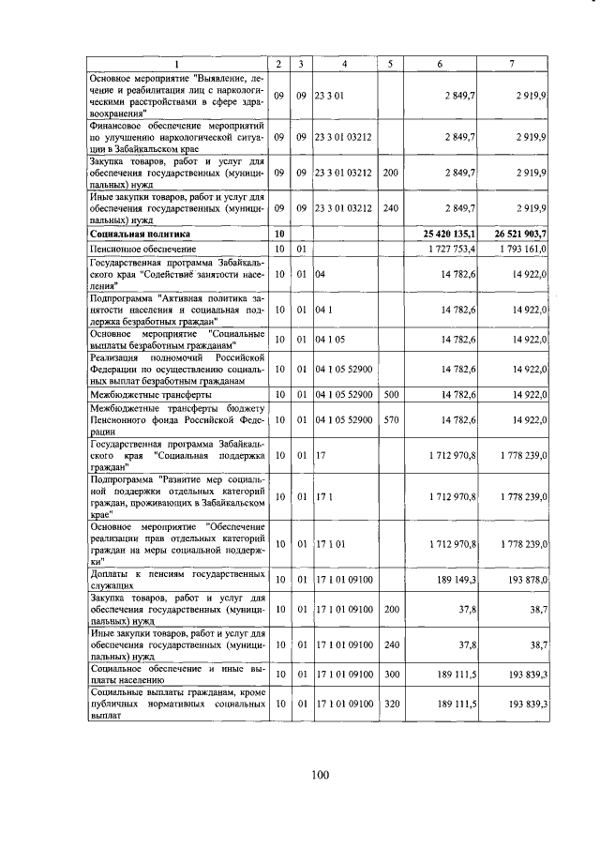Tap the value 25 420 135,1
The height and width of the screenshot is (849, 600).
pos(444,234)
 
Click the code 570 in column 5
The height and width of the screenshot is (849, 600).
pos(391,420)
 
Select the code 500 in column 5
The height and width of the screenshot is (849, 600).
pos(391,396)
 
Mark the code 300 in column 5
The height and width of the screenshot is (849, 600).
pos(391,673)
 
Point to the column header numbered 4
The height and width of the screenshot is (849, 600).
pos(345,64)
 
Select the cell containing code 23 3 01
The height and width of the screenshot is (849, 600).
pos(333,96)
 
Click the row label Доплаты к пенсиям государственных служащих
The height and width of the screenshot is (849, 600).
pos(175,581)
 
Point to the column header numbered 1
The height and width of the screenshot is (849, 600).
pos(175,64)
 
